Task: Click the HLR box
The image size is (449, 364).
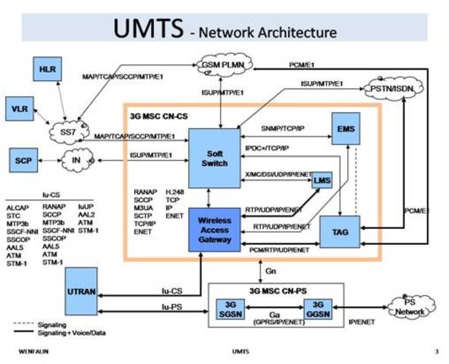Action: (x=44, y=70)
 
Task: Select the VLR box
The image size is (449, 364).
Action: (x=19, y=108)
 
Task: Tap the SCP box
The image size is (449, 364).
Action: (x=23, y=161)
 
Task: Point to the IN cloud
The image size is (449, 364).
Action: (x=76, y=161)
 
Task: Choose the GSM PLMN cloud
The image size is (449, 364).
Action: (x=223, y=66)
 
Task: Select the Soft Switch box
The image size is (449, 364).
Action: (x=214, y=158)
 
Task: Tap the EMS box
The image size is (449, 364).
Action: (x=345, y=130)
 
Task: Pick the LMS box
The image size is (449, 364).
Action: (x=324, y=180)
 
